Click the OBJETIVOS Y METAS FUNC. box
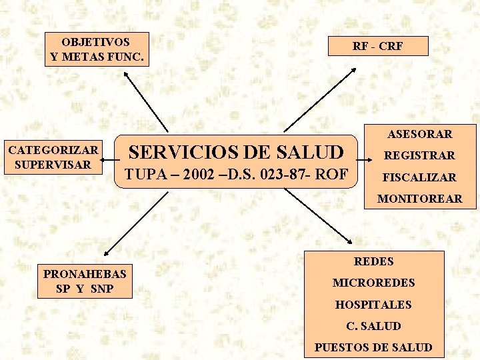tap(97, 49)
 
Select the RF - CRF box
tap(377, 46)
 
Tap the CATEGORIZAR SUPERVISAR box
tap(53, 157)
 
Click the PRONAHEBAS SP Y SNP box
tap(85, 281)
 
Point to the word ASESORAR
tap(420, 134)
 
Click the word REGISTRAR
tap(420, 155)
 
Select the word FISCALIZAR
tap(420, 177)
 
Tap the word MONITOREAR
tap(420, 199)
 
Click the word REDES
tap(373, 261)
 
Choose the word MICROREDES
tap(373, 283)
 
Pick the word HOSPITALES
tap(373, 305)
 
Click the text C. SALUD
tap(373, 326)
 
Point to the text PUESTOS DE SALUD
tap(373, 347)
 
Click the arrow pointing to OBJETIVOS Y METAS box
tap(147, 100)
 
